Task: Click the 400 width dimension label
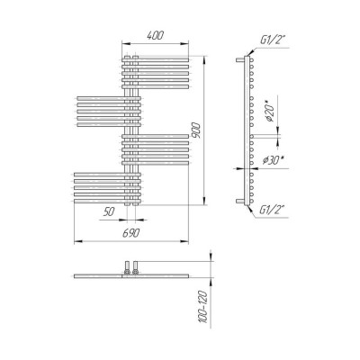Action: [x=156, y=35]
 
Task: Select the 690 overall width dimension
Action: [x=131, y=233]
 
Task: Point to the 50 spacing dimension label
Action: [x=109, y=211]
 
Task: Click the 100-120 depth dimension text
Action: [x=204, y=307]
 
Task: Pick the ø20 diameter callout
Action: [x=269, y=112]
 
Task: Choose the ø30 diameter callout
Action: [x=273, y=160]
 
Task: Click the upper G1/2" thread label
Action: [x=272, y=40]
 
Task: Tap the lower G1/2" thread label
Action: [x=272, y=210]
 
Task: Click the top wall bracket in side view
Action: [x=240, y=60]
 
